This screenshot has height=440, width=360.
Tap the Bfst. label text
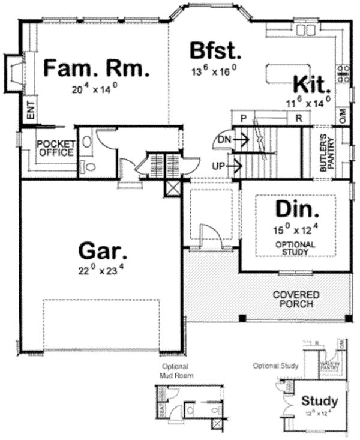point(214,50)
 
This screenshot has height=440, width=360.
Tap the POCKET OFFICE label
point(55,148)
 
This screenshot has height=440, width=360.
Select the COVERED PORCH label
point(296,300)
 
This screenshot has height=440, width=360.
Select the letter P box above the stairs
point(244,118)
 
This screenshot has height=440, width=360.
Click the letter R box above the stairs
point(298,118)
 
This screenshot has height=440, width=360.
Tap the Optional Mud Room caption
point(175,370)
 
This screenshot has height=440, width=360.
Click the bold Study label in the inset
point(319,401)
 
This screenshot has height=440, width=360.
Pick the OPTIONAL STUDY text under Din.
point(295,248)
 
